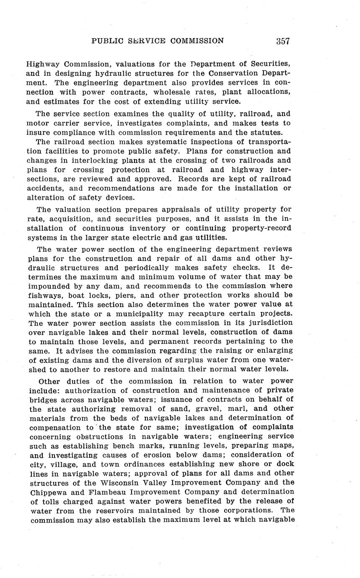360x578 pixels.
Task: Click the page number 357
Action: (283, 41)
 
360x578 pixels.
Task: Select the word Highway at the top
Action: (41, 64)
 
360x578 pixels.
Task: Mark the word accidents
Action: (46, 188)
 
